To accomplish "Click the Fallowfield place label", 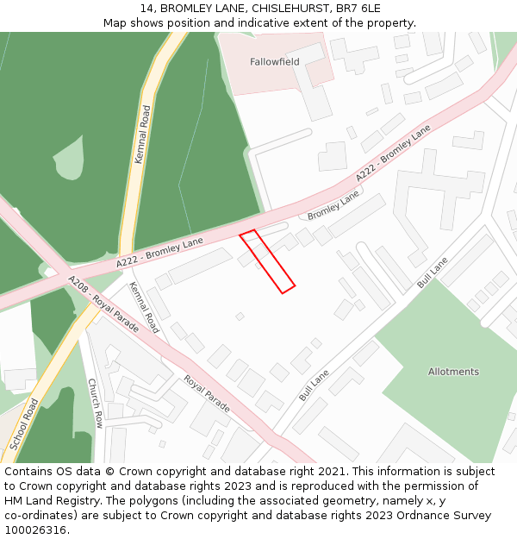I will click(x=275, y=62).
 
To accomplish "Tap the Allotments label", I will click(x=453, y=372).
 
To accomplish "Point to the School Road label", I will click(x=24, y=424).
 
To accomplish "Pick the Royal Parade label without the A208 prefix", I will click(x=206, y=393).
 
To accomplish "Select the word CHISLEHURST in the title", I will click(x=277, y=9).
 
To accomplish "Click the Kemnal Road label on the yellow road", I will click(x=142, y=135).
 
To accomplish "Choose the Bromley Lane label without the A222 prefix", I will click(x=333, y=206).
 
